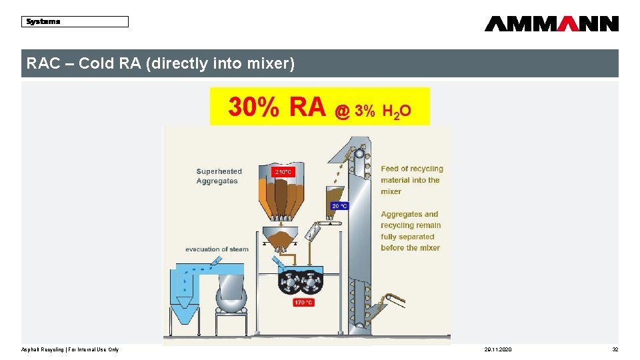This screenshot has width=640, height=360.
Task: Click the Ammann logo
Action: coord(551,24)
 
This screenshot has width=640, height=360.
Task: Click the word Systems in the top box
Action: coord(43,21)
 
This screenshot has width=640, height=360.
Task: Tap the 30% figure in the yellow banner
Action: coord(254,107)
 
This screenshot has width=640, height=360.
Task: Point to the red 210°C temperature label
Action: coord(283,172)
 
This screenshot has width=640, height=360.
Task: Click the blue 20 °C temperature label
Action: coord(340,206)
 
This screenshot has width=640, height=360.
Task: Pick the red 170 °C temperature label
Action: coord(303,303)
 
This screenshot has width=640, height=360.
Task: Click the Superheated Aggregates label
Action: coord(219,176)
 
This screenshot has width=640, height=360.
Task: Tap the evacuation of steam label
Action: coord(217,249)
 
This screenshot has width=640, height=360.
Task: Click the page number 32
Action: coord(615,350)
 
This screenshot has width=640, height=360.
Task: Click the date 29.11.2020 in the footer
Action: coord(498,350)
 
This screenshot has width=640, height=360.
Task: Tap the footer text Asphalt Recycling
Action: coord(43,350)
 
